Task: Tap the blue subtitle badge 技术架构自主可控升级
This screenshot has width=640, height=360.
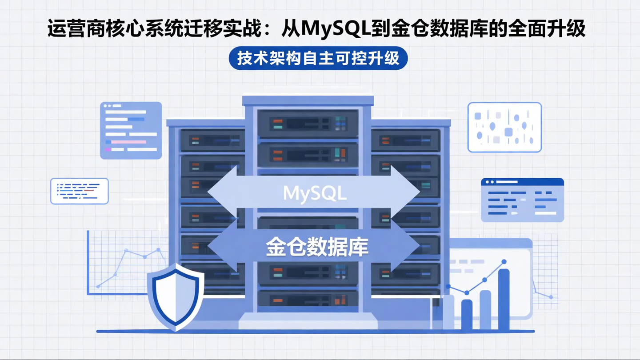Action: tap(318, 58)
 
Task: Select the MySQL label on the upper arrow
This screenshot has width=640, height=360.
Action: tap(315, 193)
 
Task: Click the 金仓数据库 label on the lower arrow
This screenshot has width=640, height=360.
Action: tap(317, 248)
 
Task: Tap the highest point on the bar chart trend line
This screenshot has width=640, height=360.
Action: tap(504, 262)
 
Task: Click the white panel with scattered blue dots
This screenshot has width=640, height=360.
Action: tap(504, 127)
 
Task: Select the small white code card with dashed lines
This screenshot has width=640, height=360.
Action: tap(79, 191)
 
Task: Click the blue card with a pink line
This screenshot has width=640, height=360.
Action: tap(131, 130)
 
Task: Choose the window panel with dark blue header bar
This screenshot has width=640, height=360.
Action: tap(522, 200)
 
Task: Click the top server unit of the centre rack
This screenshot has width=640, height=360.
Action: tap(308, 122)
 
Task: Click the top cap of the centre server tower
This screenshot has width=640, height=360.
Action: tap(308, 100)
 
